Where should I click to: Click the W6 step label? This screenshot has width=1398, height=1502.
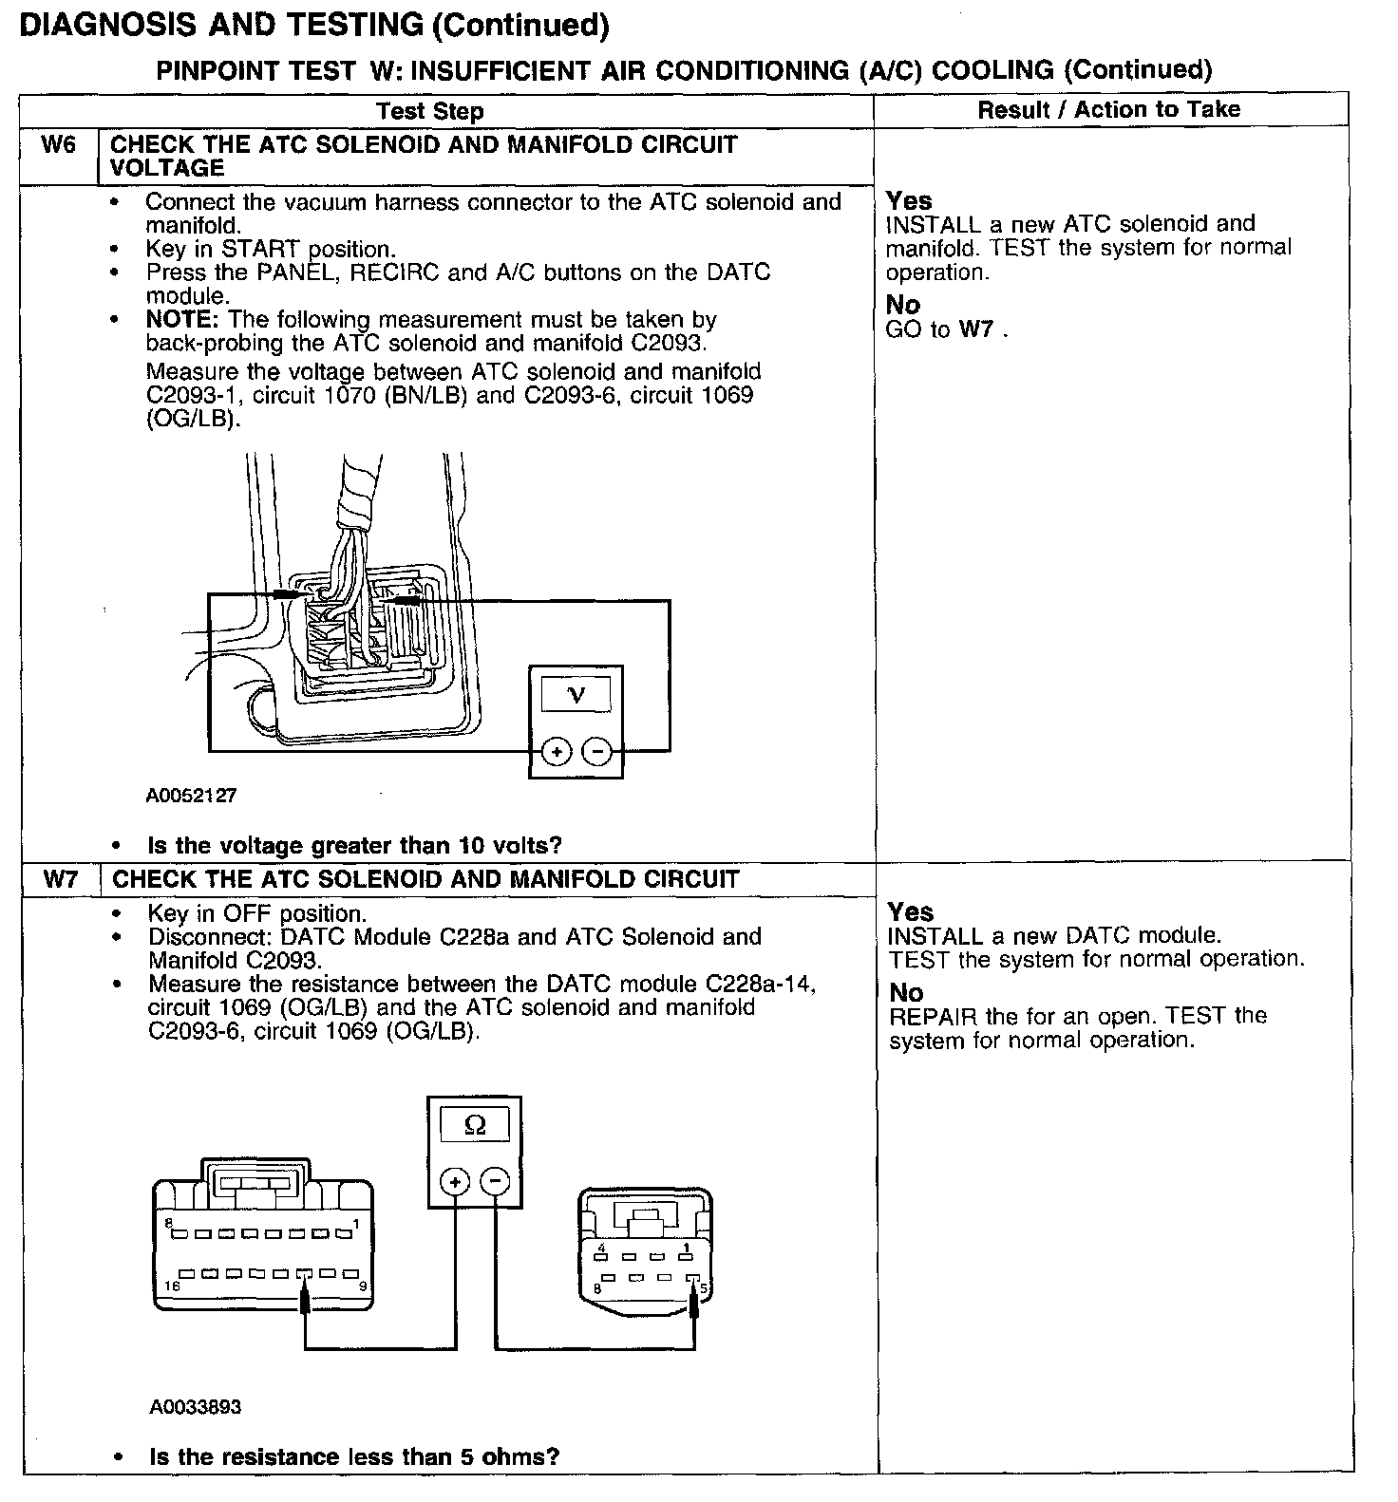pyautogui.click(x=58, y=145)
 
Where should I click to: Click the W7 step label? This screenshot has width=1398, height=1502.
pyautogui.click(x=60, y=879)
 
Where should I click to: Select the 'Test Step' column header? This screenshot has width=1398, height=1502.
pyautogui.click(x=429, y=111)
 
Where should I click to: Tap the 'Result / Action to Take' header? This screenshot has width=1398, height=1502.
pyautogui.click(x=1108, y=109)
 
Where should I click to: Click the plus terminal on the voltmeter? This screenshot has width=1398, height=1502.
pyautogui.click(x=556, y=752)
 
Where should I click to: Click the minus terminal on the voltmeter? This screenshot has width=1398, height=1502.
pyautogui.click(x=597, y=752)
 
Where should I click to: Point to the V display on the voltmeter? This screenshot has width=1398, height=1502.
pyautogui.click(x=576, y=695)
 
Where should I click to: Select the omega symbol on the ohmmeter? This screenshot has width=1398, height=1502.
pyautogui.click(x=475, y=1126)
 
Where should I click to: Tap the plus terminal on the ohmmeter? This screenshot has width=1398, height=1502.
pyautogui.click(x=455, y=1182)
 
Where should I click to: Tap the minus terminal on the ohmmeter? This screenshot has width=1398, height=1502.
pyautogui.click(x=495, y=1182)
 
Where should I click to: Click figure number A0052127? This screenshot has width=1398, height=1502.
pyautogui.click(x=191, y=796)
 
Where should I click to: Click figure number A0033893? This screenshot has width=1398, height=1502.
pyautogui.click(x=195, y=1406)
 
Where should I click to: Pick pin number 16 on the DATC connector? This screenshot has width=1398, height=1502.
pyautogui.click(x=170, y=1286)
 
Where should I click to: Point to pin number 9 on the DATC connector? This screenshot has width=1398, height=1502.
pyautogui.click(x=363, y=1286)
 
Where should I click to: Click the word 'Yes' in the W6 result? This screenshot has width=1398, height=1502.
pyautogui.click(x=909, y=200)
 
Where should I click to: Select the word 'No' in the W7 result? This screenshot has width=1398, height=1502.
pyautogui.click(x=906, y=992)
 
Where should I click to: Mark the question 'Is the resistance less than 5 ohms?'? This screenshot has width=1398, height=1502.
pyautogui.click(x=354, y=1456)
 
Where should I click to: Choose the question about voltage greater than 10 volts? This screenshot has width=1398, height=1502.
pyautogui.click(x=354, y=845)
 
